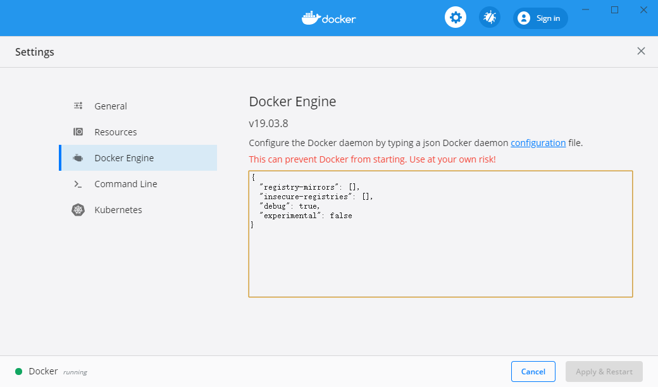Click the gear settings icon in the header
pyautogui.click(x=456, y=18)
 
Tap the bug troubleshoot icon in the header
pyautogui.click(x=490, y=18)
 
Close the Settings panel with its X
pyautogui.click(x=641, y=51)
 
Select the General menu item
pyautogui.click(x=110, y=106)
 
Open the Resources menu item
pyautogui.click(x=115, y=132)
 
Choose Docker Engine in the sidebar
pyautogui.click(x=124, y=158)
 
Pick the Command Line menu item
pyautogui.click(x=125, y=184)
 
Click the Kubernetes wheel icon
pyautogui.click(x=78, y=210)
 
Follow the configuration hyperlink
pyautogui.click(x=538, y=143)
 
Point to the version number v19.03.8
pyautogui.click(x=268, y=124)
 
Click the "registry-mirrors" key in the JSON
pyautogui.click(x=299, y=187)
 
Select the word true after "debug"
pyautogui.click(x=308, y=206)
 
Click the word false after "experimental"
pyautogui.click(x=341, y=216)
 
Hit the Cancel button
pyautogui.click(x=533, y=371)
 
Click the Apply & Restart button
pyautogui.click(x=604, y=371)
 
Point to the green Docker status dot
pyautogui.click(x=18, y=371)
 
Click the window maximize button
pyautogui.click(x=614, y=10)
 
